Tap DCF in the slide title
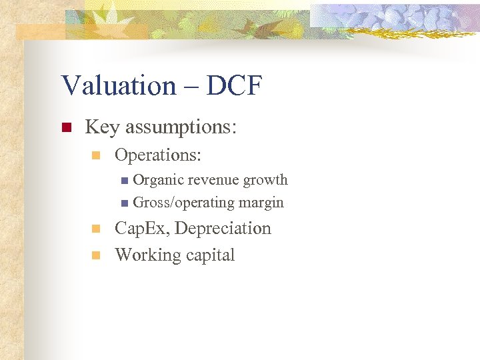pyautogui.click(x=235, y=86)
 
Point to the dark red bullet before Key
pyautogui.click(x=66, y=127)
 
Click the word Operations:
pyautogui.click(x=158, y=155)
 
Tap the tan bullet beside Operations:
pyautogui.click(x=96, y=156)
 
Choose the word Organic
pyautogui.click(x=159, y=180)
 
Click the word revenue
pyautogui.click(x=213, y=180)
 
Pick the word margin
pyautogui.click(x=261, y=203)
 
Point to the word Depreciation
pyautogui.click(x=223, y=229)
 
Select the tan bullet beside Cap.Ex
pyautogui.click(x=96, y=229)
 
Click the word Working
pyautogui.click(x=143, y=255)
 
